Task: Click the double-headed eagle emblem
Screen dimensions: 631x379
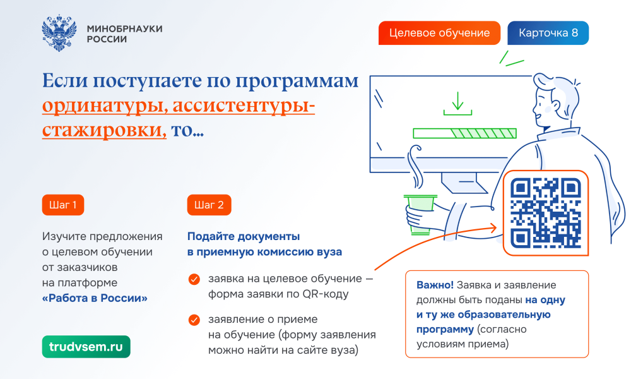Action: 59,33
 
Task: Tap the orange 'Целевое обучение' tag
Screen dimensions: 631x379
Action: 439,33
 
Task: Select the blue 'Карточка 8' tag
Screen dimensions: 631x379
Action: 548,33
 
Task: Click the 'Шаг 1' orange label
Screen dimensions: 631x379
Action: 62,205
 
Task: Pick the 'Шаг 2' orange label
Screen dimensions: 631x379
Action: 209,205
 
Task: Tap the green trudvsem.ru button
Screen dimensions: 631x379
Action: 86,347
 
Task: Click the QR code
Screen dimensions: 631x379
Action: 546,213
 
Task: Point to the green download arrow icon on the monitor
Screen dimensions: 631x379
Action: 457,104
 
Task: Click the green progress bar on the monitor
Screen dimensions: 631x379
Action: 465,133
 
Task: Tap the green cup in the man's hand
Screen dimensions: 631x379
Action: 420,214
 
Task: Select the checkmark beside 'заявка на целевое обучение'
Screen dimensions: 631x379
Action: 194,279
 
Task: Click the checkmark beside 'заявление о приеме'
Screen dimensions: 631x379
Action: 194,320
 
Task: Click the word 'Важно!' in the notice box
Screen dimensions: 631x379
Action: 435,285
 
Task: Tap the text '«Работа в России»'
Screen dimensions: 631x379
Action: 95,298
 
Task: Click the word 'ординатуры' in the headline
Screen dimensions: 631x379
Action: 105,106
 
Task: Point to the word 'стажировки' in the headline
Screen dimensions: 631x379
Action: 104,130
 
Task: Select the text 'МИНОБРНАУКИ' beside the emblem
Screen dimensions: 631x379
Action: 125,28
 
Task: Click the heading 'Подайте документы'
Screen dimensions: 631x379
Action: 244,236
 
